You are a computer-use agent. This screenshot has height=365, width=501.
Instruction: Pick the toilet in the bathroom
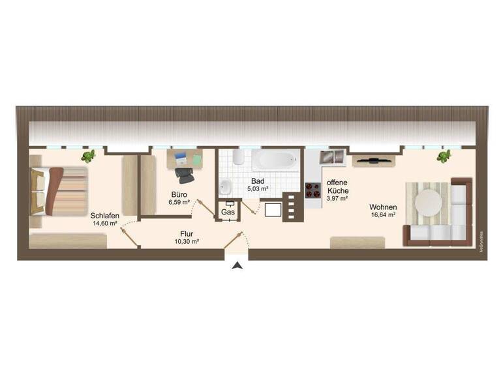click(237, 157)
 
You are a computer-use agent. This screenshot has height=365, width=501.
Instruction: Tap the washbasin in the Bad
click(226, 186)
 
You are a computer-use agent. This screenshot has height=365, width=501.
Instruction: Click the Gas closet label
click(228, 212)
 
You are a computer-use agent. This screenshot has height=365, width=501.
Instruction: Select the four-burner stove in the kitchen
click(312, 190)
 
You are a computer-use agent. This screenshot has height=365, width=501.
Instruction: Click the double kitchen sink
click(333, 157)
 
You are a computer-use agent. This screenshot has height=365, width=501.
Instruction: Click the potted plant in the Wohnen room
click(444, 156)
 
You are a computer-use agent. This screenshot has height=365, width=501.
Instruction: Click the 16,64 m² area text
click(384, 215)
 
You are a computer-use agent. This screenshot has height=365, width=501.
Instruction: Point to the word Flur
click(187, 233)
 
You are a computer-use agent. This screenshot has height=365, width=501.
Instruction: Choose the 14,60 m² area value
click(104, 224)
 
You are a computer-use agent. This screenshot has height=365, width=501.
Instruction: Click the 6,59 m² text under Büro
click(179, 203)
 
